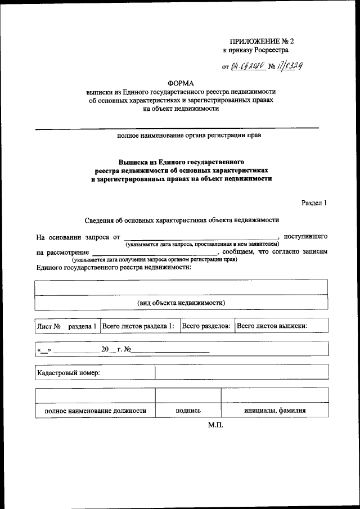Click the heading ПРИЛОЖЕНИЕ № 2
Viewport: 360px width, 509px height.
[x=263, y=41]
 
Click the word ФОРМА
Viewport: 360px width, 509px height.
[x=181, y=83]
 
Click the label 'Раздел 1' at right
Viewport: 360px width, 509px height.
[x=314, y=202]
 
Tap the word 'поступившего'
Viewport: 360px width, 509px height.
[x=307, y=237]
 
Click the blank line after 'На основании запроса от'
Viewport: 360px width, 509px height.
[x=201, y=238]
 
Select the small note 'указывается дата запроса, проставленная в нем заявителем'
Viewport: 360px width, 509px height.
[x=202, y=245]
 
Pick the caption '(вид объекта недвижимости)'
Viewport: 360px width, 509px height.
[x=181, y=303]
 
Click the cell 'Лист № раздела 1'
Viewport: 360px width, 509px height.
[x=67, y=326]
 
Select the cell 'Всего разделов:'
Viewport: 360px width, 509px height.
[x=206, y=326]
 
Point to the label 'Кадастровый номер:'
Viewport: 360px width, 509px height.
[x=68, y=372]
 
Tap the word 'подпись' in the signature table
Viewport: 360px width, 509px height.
[x=188, y=411]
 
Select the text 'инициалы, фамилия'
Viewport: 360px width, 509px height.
[x=274, y=411]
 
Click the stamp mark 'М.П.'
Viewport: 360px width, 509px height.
[x=215, y=425]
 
